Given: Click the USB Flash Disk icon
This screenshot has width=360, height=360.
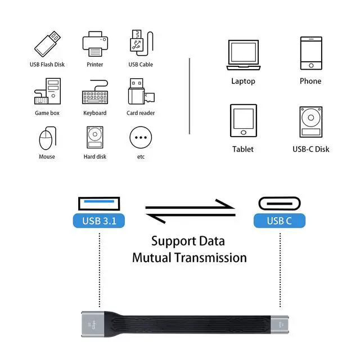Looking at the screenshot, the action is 48,43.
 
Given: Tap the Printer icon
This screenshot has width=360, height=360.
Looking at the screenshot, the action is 94,43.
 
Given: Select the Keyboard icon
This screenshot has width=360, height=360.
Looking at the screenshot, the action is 94,94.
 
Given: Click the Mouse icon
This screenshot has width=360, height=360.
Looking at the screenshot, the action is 47,138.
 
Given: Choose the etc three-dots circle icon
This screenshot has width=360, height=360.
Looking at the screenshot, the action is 141,137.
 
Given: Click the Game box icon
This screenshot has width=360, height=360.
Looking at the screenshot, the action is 47,92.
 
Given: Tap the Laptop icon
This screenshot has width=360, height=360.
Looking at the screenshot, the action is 243,54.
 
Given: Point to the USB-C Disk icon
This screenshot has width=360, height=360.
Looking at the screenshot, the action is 310,120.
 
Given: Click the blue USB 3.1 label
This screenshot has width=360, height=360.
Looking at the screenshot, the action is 99,221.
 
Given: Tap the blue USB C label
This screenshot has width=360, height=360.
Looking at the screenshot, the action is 280,220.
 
